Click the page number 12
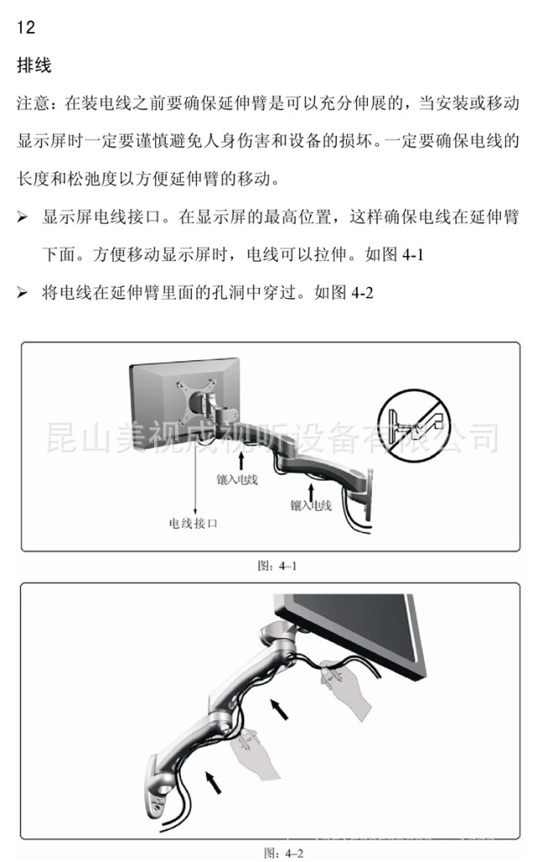(x=26, y=27)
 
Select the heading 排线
(x=34, y=66)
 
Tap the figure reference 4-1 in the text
(x=413, y=254)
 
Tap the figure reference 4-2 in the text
(x=362, y=292)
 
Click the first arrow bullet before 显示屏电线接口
(x=22, y=218)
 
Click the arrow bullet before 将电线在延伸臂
(x=22, y=293)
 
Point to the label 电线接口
(x=193, y=523)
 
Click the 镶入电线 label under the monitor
(x=237, y=479)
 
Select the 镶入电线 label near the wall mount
(x=311, y=505)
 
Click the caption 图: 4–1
(x=278, y=566)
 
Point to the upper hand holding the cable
(x=343, y=687)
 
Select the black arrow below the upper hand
(x=279, y=709)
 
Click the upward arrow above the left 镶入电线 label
(x=240, y=460)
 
